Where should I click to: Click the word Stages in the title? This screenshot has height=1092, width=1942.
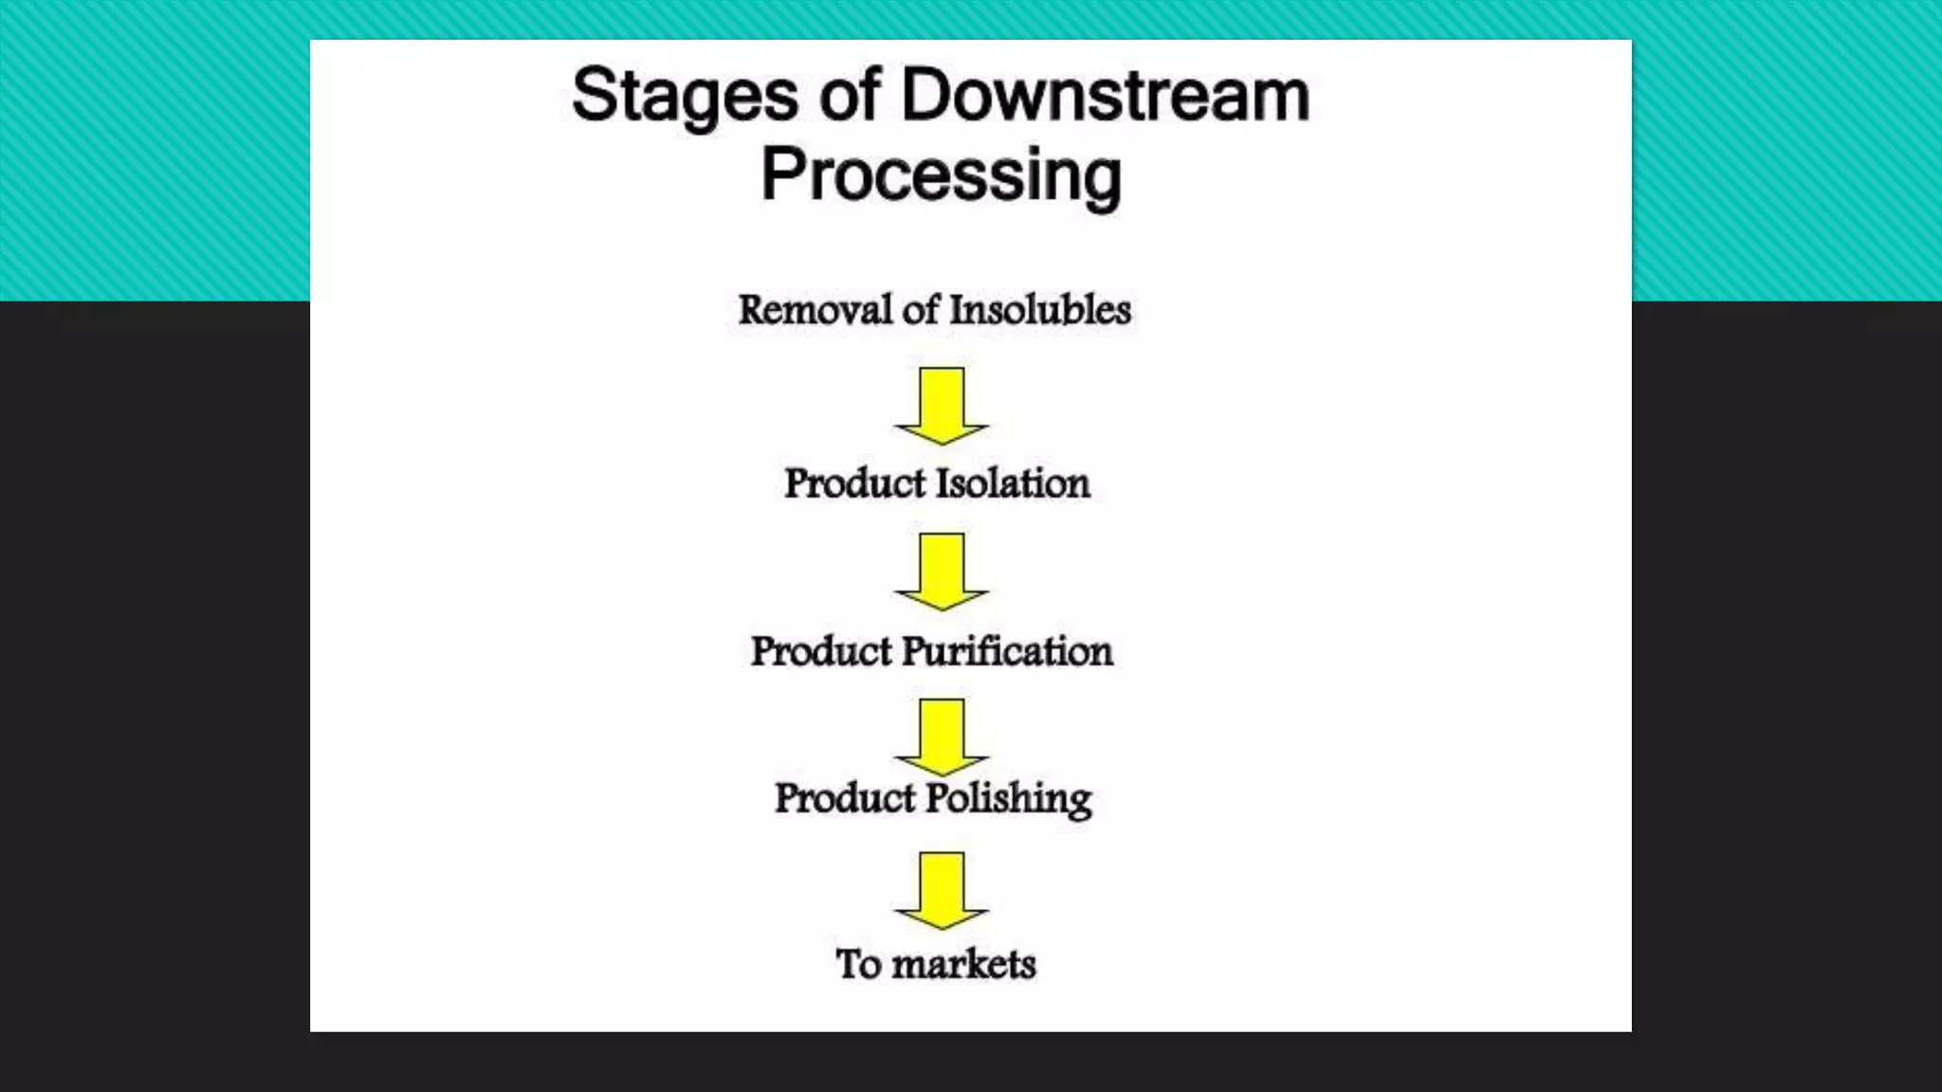pos(685,97)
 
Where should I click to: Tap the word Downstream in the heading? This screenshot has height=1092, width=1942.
pos(1106,95)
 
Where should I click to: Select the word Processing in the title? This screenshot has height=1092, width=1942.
pos(941,176)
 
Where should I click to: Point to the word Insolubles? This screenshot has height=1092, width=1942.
pos(1040,310)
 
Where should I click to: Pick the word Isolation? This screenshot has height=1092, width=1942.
pos(1014,483)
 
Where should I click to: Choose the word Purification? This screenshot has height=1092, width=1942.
pos(1007,651)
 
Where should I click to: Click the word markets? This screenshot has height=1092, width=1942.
pos(963,964)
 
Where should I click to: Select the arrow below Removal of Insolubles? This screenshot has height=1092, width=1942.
pos(942,406)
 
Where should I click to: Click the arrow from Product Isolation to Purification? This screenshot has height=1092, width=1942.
pos(942,571)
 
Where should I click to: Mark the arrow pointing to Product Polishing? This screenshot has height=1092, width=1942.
pos(942,736)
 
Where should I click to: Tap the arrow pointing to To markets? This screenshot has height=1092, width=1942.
pos(942,890)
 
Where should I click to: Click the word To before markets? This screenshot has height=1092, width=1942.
pos(858,964)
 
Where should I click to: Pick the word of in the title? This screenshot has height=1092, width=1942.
pos(851,95)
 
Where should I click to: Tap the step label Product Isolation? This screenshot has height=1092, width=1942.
pos(937,483)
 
